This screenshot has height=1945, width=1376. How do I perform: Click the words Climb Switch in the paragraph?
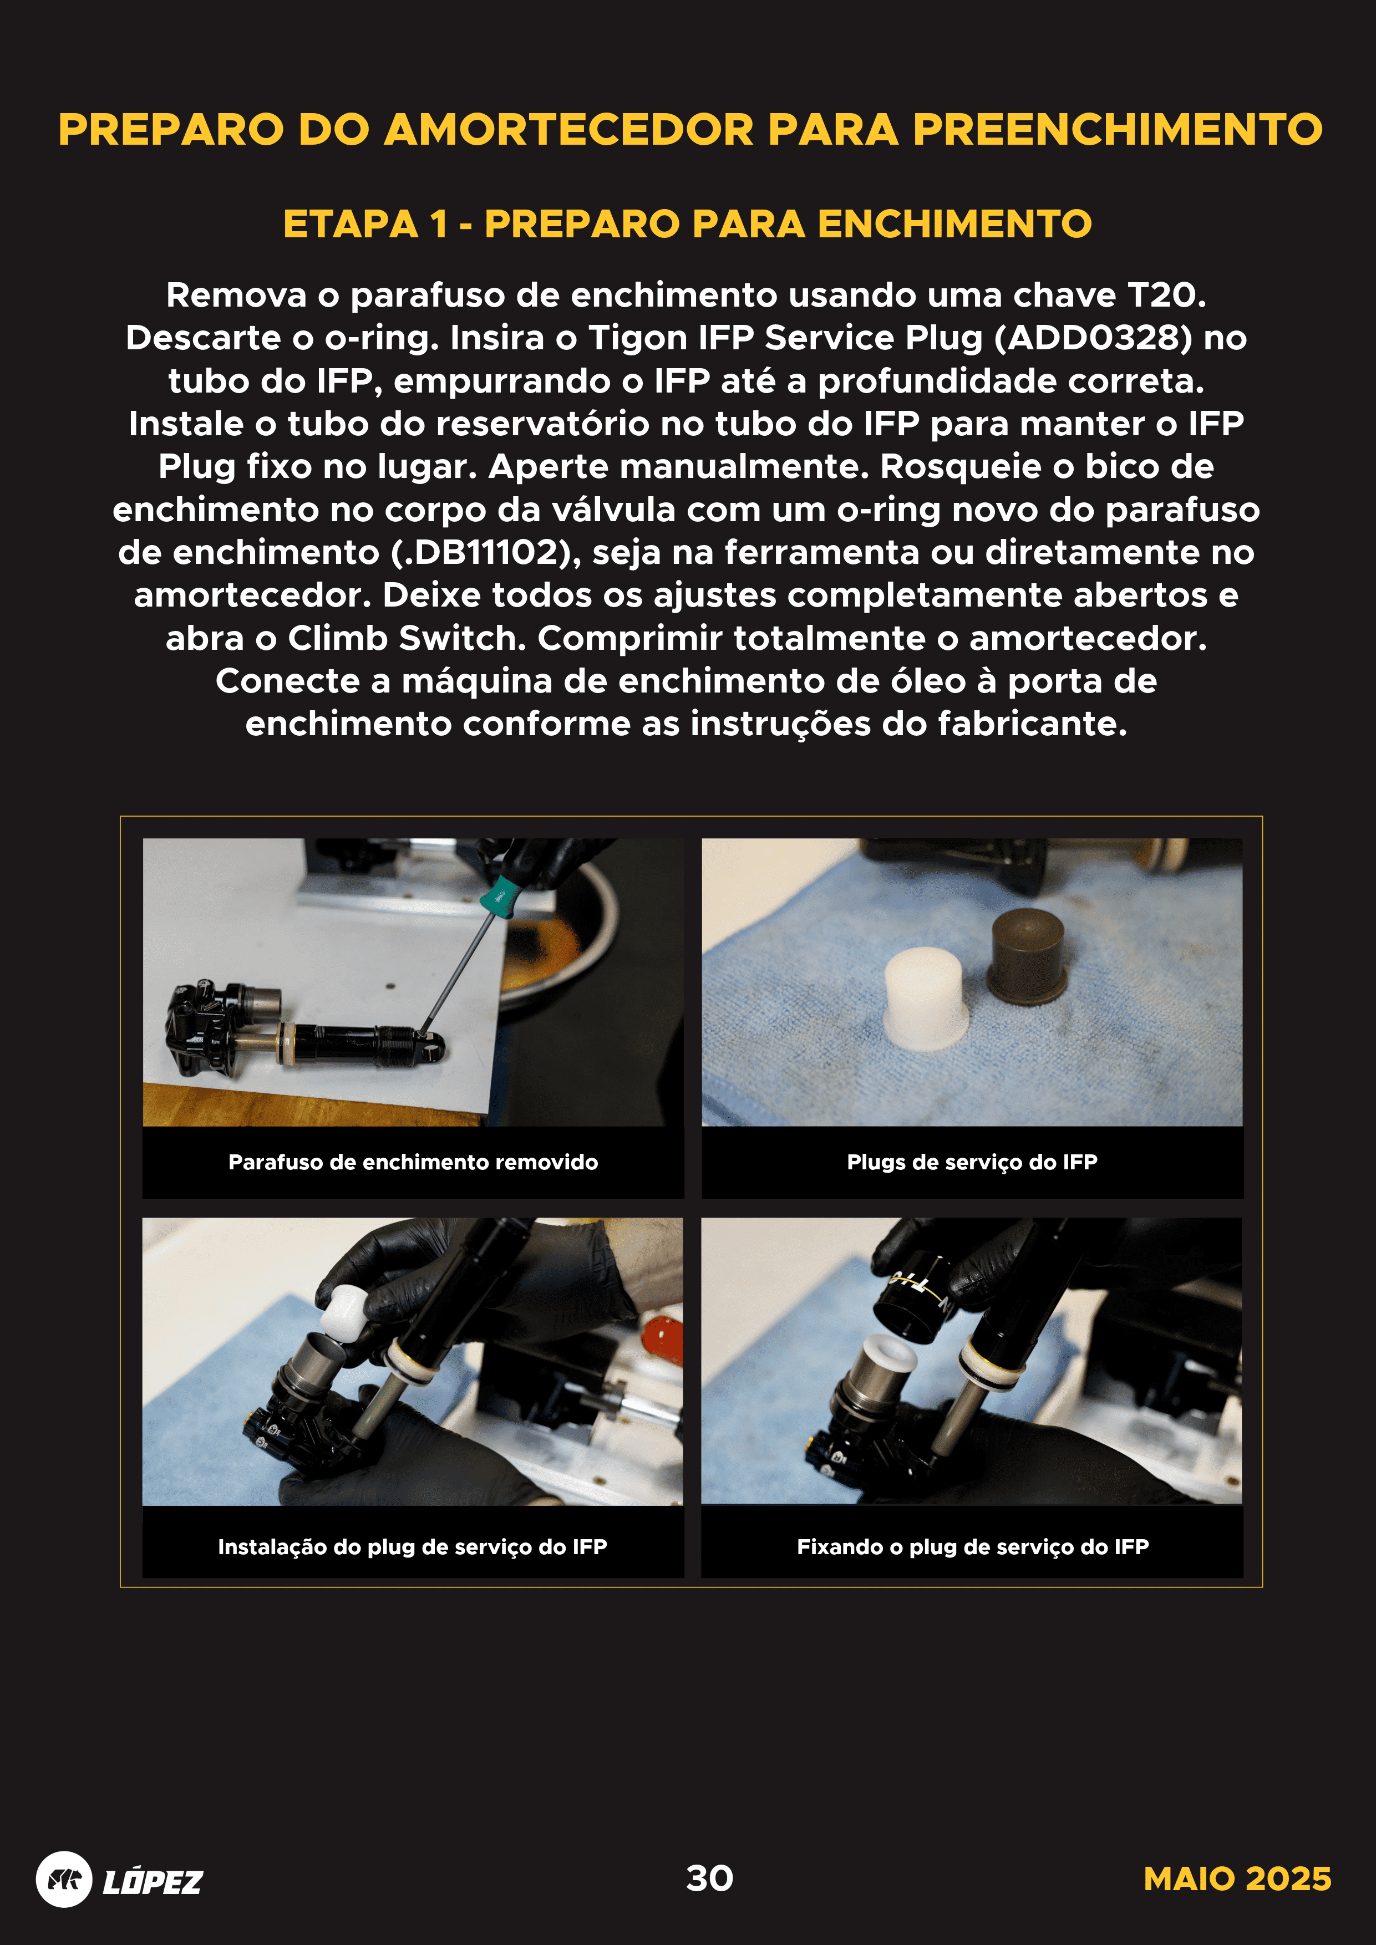point(402,638)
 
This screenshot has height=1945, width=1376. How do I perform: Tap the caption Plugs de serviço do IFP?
point(972,1162)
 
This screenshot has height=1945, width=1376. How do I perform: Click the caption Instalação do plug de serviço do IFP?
point(413,1547)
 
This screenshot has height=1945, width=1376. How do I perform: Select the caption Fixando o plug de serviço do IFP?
point(972,1547)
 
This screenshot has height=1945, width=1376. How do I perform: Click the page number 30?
point(709,1878)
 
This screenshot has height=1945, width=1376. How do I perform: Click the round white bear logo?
point(64,1880)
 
